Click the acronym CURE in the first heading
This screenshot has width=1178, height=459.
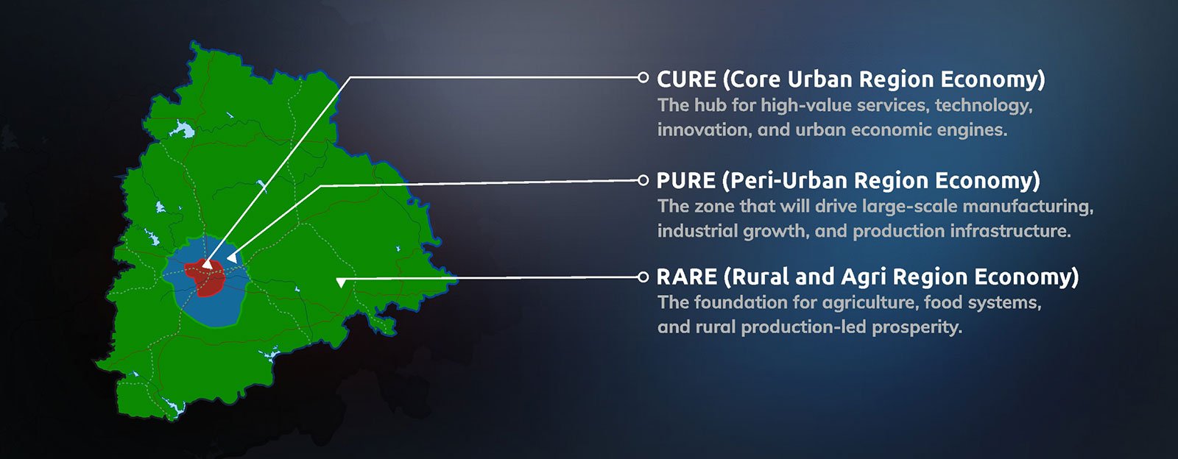686,79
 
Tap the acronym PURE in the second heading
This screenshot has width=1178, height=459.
685,181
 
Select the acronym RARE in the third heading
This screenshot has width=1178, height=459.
687,277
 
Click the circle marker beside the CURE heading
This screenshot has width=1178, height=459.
643,77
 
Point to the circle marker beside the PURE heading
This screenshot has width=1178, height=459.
643,180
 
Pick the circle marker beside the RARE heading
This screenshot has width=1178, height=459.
643,277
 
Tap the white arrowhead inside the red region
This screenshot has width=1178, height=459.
208,264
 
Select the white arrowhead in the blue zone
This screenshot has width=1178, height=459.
231,257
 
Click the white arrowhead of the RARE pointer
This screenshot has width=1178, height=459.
341,282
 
